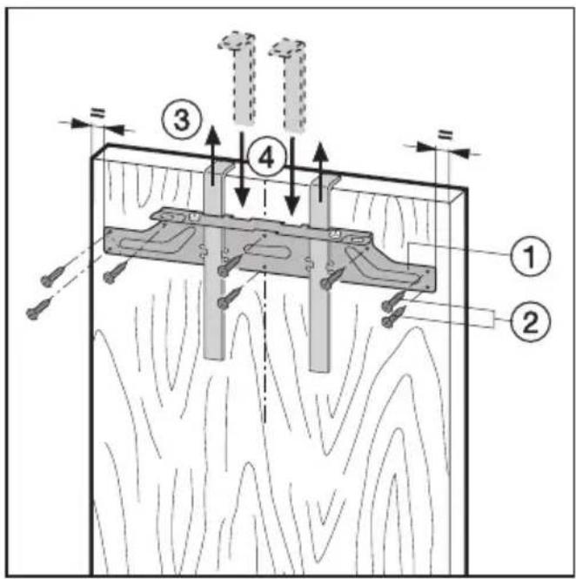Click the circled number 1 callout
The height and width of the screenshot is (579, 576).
[x=530, y=255]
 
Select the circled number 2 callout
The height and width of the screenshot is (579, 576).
[x=530, y=321]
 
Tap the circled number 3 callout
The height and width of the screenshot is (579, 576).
[x=182, y=119]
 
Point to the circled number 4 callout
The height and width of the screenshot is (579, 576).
[x=266, y=159]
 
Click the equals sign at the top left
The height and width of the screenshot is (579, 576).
[x=97, y=113]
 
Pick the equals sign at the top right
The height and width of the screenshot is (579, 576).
[x=445, y=134]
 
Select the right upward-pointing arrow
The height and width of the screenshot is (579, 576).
[x=321, y=171]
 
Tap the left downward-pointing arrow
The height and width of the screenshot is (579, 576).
[x=242, y=170]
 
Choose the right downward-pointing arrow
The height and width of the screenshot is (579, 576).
[x=291, y=178]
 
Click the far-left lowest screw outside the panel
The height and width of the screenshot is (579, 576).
[x=38, y=309]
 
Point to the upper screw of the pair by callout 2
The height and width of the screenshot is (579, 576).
[x=394, y=300]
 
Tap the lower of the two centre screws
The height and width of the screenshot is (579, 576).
[x=229, y=299]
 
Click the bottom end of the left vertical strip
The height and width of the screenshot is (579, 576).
[x=213, y=358]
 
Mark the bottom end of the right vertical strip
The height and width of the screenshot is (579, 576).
[x=319, y=369]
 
